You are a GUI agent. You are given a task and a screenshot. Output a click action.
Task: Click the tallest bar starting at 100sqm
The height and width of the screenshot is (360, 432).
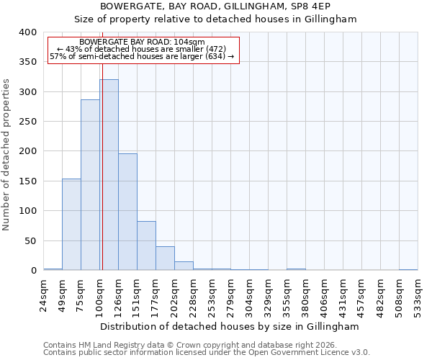[109, 175]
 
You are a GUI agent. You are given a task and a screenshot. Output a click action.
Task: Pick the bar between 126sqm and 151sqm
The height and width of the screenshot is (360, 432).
[127, 212]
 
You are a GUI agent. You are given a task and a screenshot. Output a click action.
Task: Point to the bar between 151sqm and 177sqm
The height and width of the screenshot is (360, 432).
[146, 246]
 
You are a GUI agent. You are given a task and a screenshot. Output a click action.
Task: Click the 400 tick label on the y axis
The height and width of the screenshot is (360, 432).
[27, 32]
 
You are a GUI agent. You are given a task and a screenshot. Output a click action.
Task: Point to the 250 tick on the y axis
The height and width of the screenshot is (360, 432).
[27, 122]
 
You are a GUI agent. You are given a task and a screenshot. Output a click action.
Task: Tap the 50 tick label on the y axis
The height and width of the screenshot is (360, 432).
[30, 241]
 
